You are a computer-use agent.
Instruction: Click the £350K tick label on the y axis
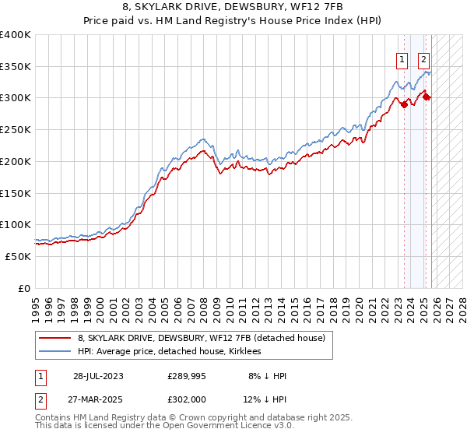(x=16, y=67)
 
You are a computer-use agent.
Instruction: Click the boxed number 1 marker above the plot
(x=402, y=58)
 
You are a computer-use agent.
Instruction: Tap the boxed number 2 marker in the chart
(x=423, y=58)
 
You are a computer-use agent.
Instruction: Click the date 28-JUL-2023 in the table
(x=98, y=376)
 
